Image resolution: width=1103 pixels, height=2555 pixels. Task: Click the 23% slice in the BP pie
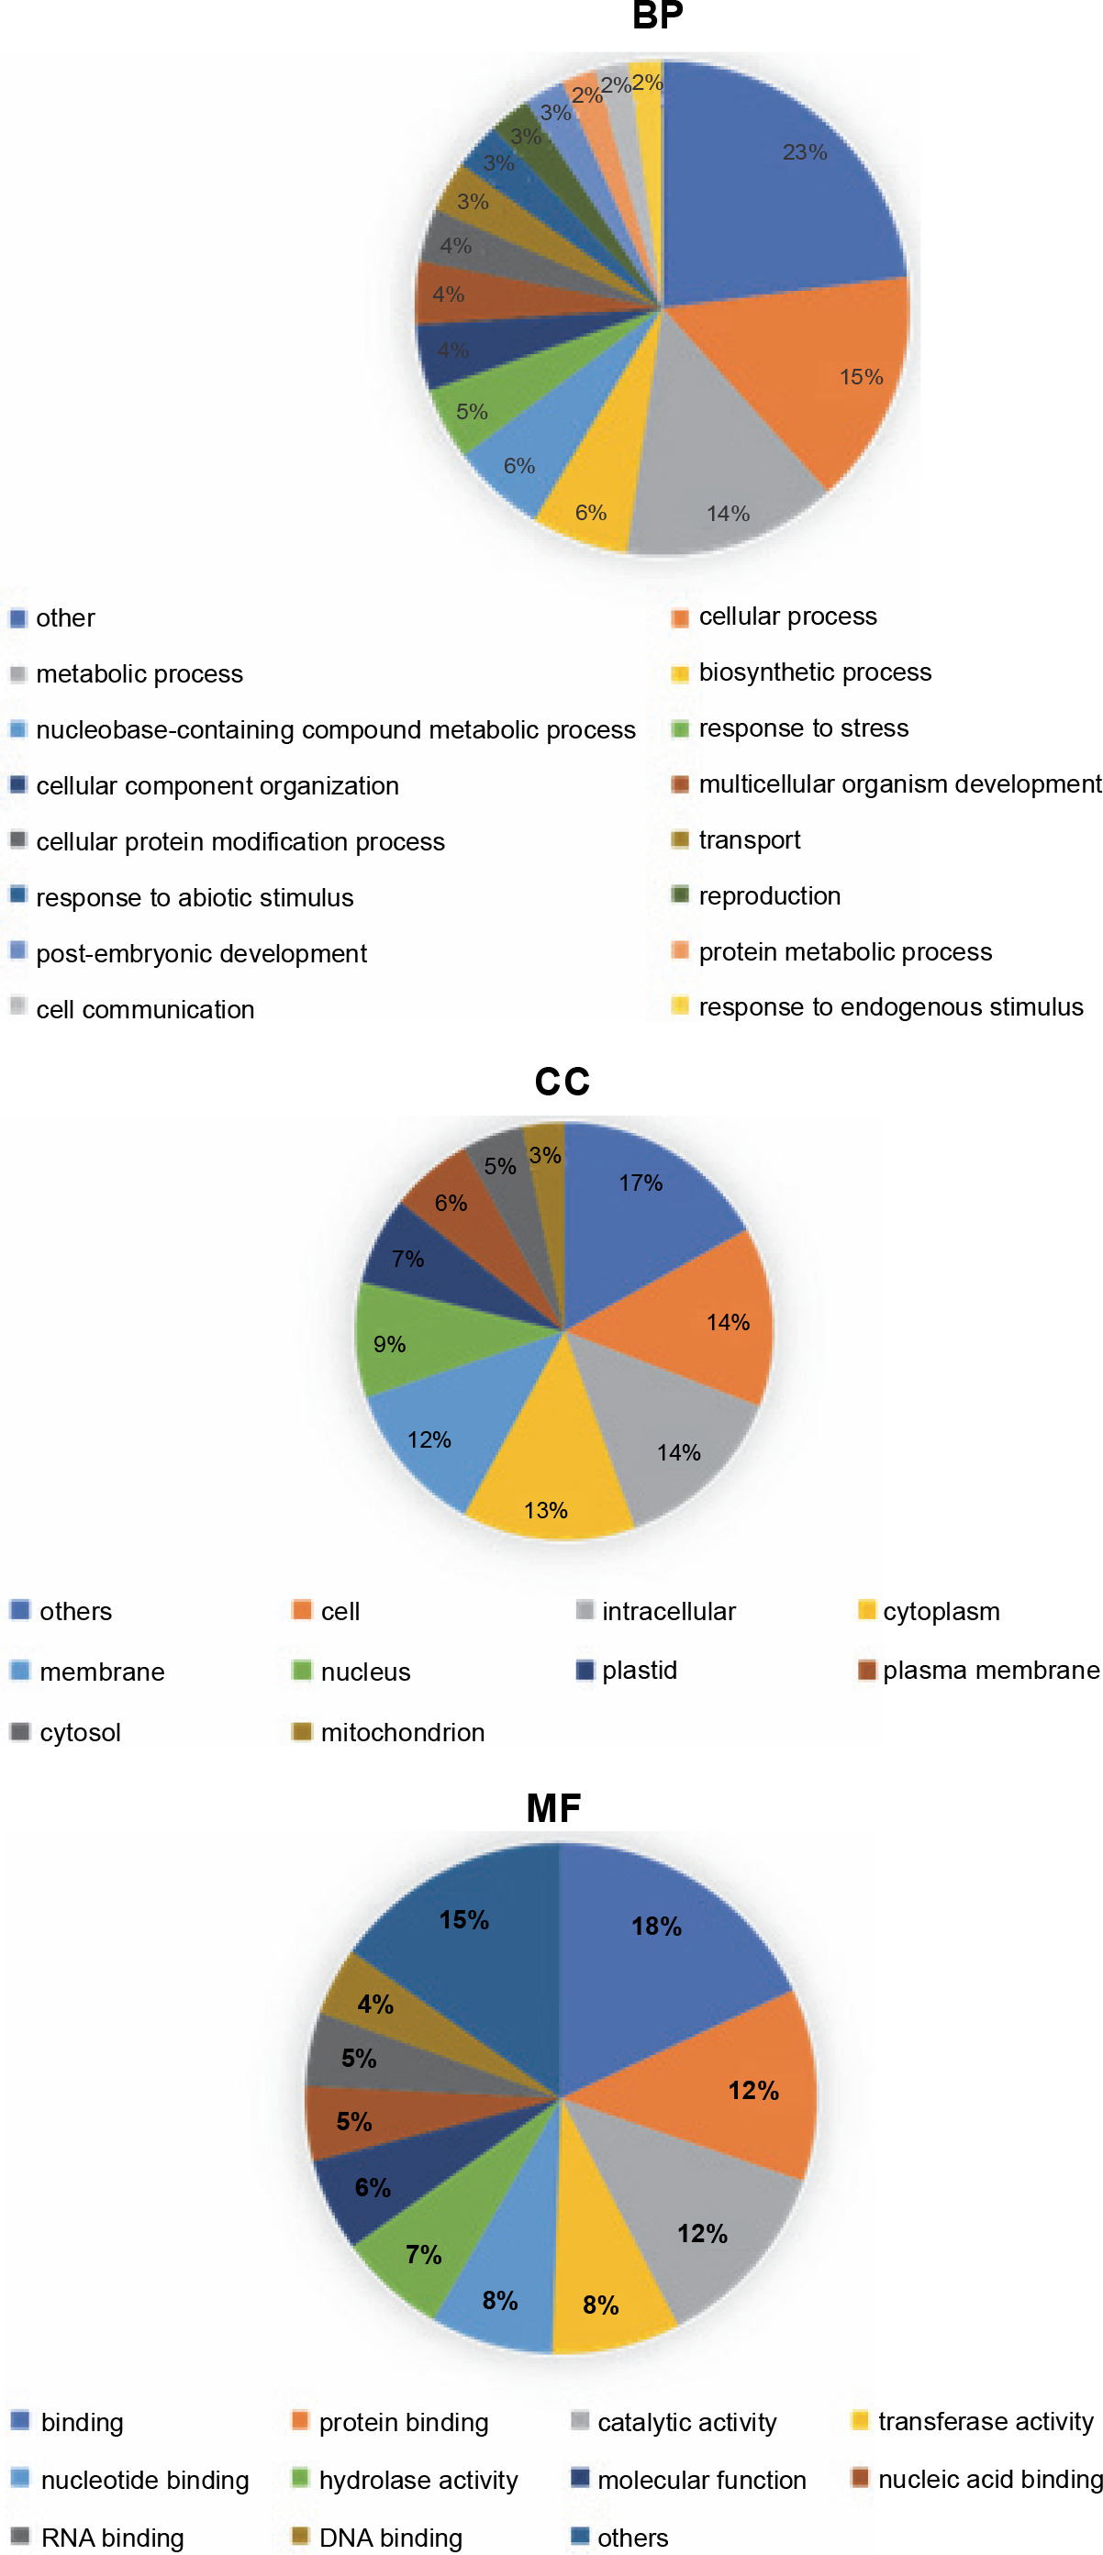(x=784, y=179)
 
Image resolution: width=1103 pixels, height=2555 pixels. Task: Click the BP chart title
(x=657, y=16)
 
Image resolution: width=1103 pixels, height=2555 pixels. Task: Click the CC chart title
(x=562, y=1081)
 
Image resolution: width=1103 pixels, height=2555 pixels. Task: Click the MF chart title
(x=553, y=1807)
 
